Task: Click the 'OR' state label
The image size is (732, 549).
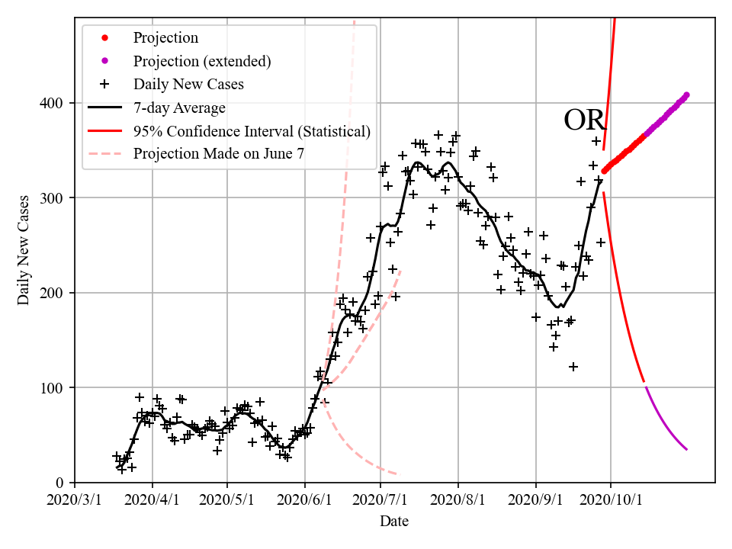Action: (x=584, y=120)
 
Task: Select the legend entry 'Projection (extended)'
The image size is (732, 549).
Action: (x=202, y=61)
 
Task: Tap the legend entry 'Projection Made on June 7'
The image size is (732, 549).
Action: (x=219, y=153)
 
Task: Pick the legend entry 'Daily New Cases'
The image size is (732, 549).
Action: (x=188, y=84)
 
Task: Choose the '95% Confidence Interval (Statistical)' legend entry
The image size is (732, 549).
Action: (x=252, y=130)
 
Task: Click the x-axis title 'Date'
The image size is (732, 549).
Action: (x=394, y=522)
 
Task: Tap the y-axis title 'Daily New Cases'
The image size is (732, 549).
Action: (x=24, y=250)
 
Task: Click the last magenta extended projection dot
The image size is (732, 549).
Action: (x=686, y=95)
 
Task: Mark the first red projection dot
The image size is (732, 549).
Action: (x=604, y=172)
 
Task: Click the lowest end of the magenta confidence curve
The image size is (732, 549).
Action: (x=686, y=449)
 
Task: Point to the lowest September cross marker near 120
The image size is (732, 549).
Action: (x=573, y=367)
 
